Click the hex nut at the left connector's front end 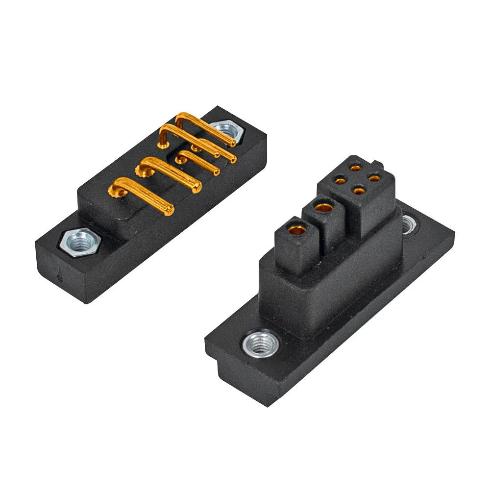click(78, 241)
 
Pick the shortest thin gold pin click(216, 171)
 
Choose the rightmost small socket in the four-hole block click(375, 178)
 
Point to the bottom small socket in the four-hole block click(359, 191)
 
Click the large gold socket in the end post click(296, 229)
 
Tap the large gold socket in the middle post click(322, 208)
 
